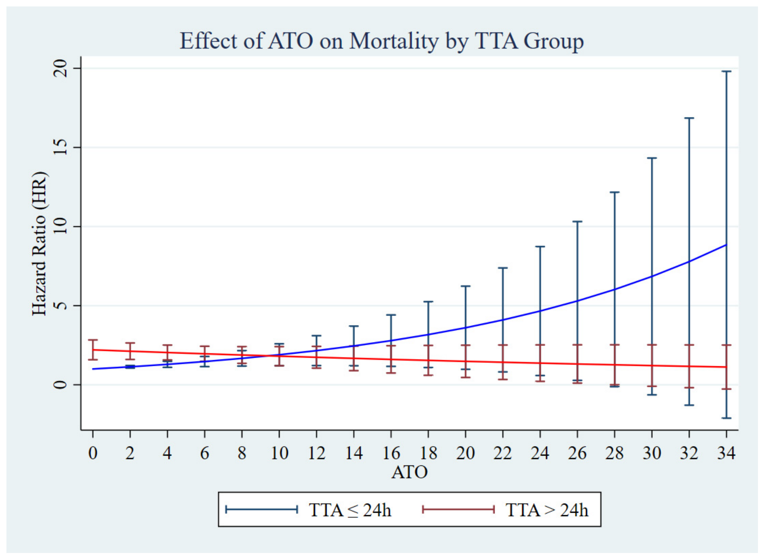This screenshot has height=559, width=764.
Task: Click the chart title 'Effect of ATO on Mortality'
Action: coord(309,42)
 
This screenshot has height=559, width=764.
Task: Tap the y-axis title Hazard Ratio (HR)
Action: coord(39,243)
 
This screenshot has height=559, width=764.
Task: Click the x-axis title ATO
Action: coord(410,472)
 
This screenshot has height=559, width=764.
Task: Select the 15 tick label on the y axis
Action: coord(61,148)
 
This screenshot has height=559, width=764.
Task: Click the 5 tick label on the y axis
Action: coord(61,306)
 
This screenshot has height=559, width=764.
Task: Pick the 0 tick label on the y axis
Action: coord(61,385)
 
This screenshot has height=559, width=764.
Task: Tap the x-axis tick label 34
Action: coord(726,453)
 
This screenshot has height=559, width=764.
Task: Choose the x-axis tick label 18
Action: coord(428,453)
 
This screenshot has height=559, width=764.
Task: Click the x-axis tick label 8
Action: coord(242,453)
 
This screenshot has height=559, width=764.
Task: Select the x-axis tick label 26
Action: coord(577,453)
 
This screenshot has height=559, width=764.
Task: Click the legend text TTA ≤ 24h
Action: coord(350,510)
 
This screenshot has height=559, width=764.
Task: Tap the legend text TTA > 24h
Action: coord(547,510)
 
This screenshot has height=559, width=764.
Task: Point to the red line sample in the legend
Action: coord(458,510)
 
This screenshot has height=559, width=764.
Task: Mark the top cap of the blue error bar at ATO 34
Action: coord(726,71)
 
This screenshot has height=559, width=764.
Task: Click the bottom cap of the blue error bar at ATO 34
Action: coord(726,418)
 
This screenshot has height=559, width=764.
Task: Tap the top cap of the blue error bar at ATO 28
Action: coord(614,192)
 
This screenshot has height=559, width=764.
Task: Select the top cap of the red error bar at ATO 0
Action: coord(93,340)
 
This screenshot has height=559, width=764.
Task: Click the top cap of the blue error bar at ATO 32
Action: coord(689,118)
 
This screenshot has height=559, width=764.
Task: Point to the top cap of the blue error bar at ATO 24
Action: coord(540,247)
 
